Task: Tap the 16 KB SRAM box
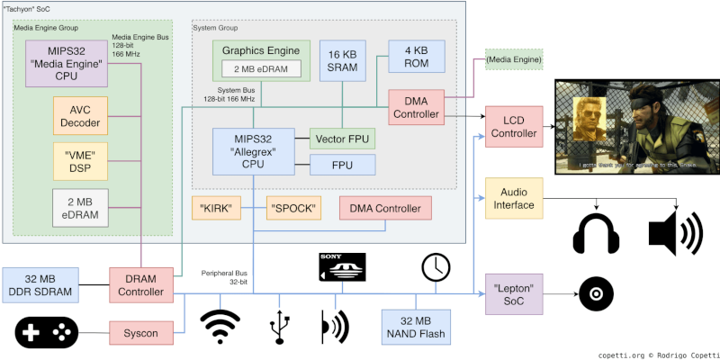344,62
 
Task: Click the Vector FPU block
342,139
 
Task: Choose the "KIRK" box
217,209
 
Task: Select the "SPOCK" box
292,209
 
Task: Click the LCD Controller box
512,127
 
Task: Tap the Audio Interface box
512,198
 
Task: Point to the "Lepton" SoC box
512,294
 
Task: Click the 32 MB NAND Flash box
415,328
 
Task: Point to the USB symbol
280,328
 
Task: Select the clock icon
436,266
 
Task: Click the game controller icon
46,332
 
